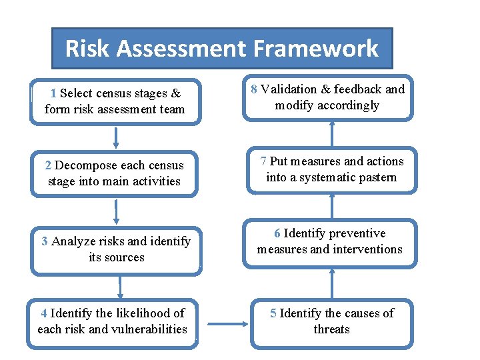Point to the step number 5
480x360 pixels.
pos(273,313)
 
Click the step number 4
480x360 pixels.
pos(43,313)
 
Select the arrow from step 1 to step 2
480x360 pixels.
pos(116,136)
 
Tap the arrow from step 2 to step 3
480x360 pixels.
pos(116,211)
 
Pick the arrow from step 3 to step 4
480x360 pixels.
pos(120,287)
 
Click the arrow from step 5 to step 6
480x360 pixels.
pos(331,283)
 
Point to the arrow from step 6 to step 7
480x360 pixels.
pos(331,206)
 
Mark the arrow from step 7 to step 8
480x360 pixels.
pos(331,134)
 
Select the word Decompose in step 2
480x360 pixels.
pos(86,165)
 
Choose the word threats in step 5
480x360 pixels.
pos(331,329)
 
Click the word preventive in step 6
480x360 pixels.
pos(352,233)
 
